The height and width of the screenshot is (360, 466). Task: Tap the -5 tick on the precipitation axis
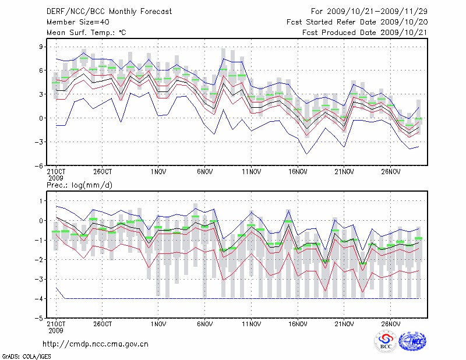point(41,319)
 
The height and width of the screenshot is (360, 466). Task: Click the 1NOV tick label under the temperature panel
point(158,172)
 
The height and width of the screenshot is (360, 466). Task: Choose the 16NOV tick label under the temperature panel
point(298,172)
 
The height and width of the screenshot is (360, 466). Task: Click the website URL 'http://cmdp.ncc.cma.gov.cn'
point(96,344)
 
